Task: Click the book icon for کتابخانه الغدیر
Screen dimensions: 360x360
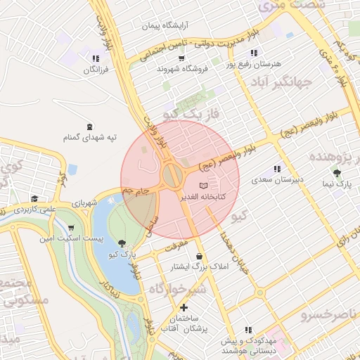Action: click(204, 185)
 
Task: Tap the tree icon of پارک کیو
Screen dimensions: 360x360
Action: click(122, 243)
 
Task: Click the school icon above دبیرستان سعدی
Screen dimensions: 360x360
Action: click(277, 169)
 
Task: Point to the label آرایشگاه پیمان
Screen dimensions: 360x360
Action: click(166, 25)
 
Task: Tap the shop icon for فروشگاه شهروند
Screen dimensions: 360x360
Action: click(182, 58)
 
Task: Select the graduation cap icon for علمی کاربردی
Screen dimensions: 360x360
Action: click(34, 199)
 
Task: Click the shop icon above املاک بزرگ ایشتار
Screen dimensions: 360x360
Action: click(202, 257)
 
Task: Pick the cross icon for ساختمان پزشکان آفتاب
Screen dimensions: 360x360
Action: click(184, 307)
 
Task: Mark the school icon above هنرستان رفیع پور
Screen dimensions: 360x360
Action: click(253, 53)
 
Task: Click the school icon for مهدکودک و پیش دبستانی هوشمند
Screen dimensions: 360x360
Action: click(247, 330)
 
